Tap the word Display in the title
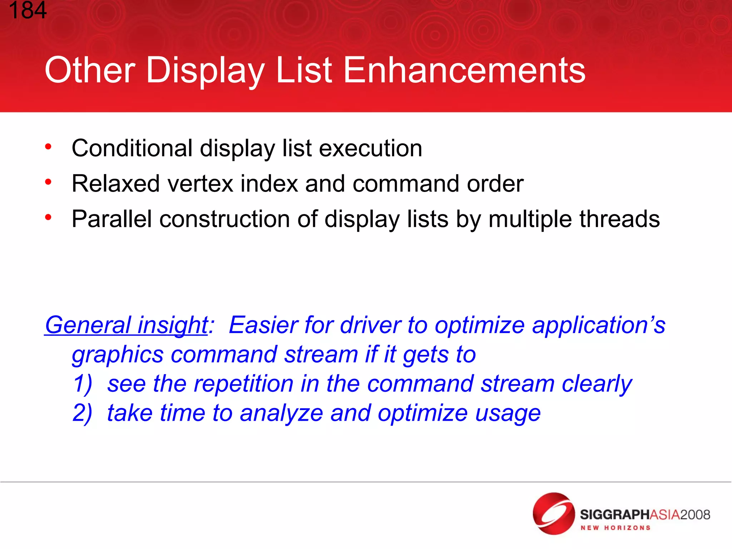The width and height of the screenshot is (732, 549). (x=205, y=70)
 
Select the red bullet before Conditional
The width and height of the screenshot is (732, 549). (x=48, y=147)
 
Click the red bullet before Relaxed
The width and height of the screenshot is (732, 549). (x=48, y=182)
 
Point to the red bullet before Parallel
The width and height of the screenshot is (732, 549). (x=48, y=217)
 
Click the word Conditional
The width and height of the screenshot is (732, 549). (x=132, y=148)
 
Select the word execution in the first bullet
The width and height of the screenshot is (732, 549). (x=370, y=148)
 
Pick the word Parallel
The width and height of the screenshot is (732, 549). (x=112, y=219)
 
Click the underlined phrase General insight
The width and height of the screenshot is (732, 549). (x=126, y=325)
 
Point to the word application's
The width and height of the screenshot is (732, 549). (x=598, y=325)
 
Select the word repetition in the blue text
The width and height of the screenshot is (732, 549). (x=243, y=384)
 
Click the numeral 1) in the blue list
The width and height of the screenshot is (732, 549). (x=83, y=384)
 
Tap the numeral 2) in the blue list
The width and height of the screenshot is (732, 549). (x=83, y=413)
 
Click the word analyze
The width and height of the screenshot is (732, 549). (x=281, y=413)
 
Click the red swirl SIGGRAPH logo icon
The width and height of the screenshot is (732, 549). (x=553, y=513)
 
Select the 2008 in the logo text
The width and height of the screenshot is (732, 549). (x=695, y=515)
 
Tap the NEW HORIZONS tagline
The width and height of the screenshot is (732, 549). (x=615, y=528)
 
